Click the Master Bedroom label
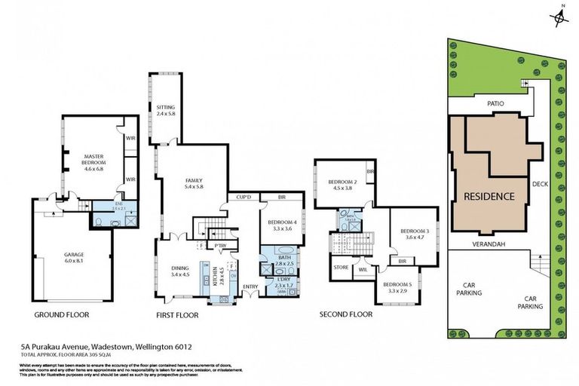[x=95, y=162]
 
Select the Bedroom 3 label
[x=414, y=234]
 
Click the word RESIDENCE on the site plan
[x=489, y=196]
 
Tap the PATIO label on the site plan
[x=495, y=103]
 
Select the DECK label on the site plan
[x=539, y=183]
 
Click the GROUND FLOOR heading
[x=62, y=314]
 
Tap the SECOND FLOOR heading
[x=346, y=314]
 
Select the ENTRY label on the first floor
[x=250, y=287]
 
